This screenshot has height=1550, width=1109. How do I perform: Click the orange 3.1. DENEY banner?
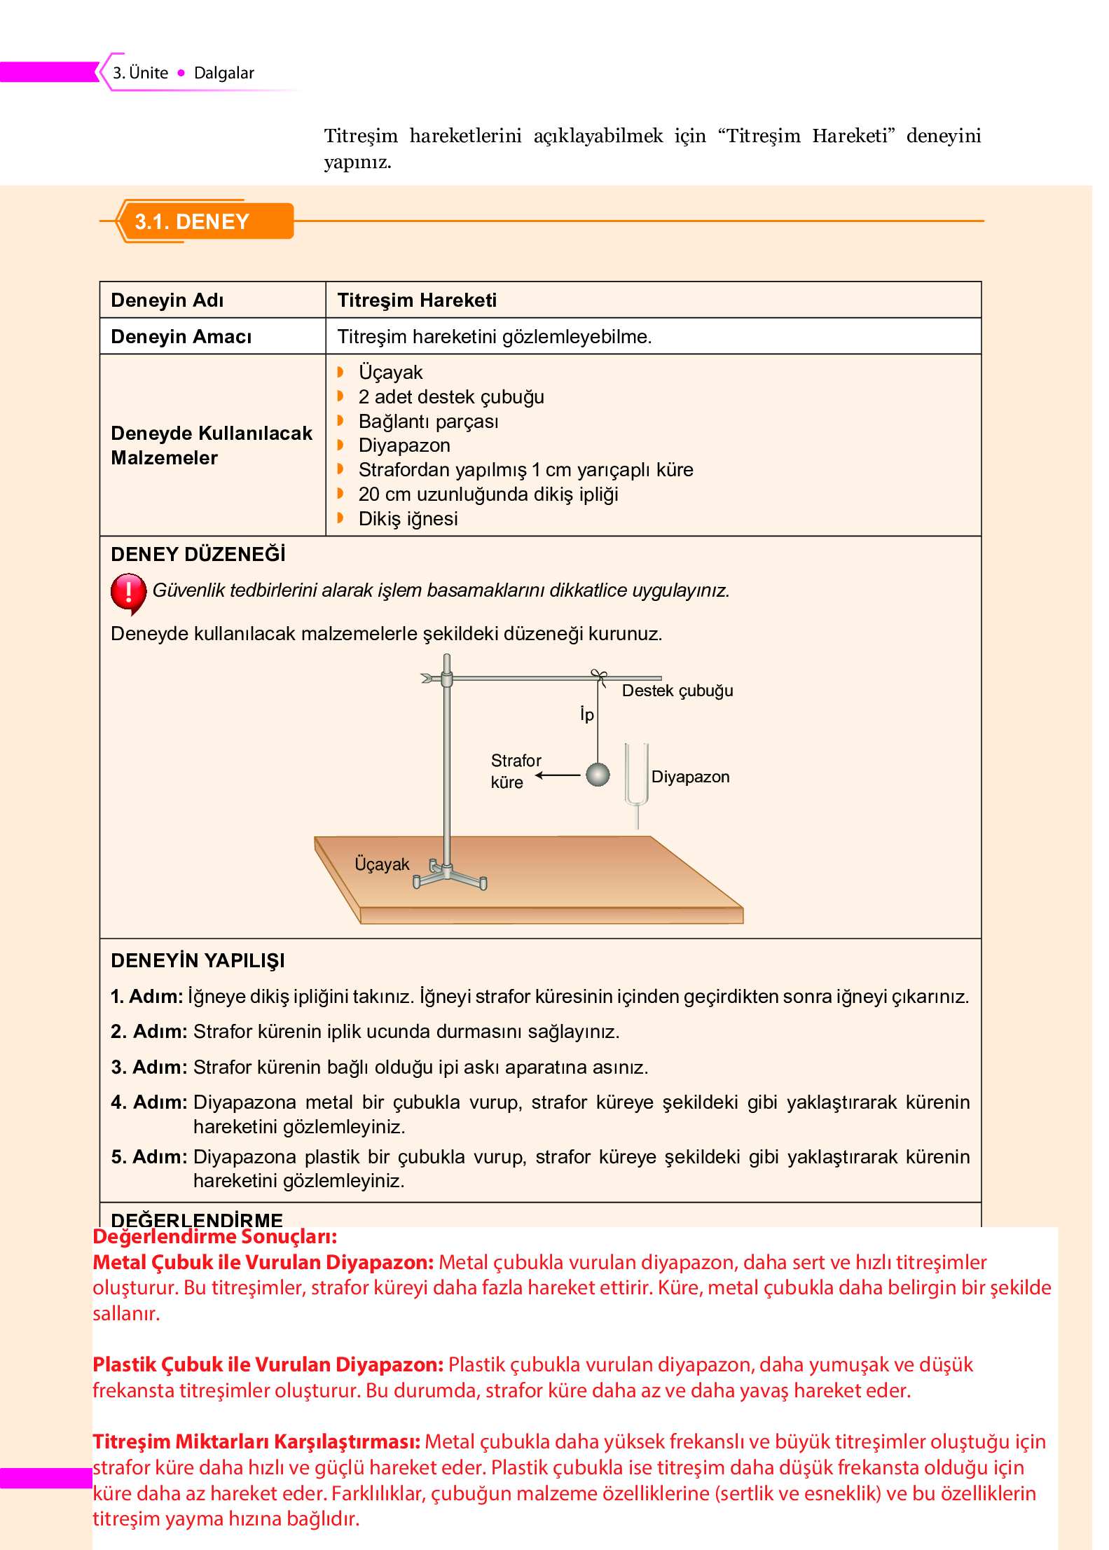click(x=203, y=221)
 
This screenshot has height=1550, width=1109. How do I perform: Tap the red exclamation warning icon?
click(x=128, y=593)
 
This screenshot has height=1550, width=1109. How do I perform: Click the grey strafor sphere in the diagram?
click(x=597, y=775)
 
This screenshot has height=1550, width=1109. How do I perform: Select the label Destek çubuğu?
click(x=677, y=691)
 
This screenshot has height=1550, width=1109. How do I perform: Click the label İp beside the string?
click(x=586, y=714)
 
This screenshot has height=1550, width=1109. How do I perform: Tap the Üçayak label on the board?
click(x=381, y=864)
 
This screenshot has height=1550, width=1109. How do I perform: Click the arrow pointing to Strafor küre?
click(x=559, y=775)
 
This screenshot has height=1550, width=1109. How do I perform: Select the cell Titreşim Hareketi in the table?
click(x=417, y=300)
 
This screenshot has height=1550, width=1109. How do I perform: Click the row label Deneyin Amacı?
click(x=181, y=337)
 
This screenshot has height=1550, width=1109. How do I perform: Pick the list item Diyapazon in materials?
click(x=404, y=445)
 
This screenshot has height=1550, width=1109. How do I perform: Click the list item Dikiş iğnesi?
click(x=408, y=519)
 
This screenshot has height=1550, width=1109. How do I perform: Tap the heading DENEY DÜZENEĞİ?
click(x=198, y=555)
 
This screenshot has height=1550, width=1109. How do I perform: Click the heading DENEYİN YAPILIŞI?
click(x=198, y=961)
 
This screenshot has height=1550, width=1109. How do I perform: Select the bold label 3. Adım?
click(x=149, y=1067)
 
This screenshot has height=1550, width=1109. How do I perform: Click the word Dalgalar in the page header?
click(x=223, y=73)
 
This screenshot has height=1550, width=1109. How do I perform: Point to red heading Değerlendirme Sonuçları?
click(x=214, y=1237)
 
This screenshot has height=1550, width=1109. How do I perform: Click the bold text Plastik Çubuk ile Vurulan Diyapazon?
click(x=268, y=1364)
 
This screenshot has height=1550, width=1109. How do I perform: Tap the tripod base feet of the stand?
click(x=449, y=877)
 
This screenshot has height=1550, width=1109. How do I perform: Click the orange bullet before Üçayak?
click(x=340, y=372)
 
